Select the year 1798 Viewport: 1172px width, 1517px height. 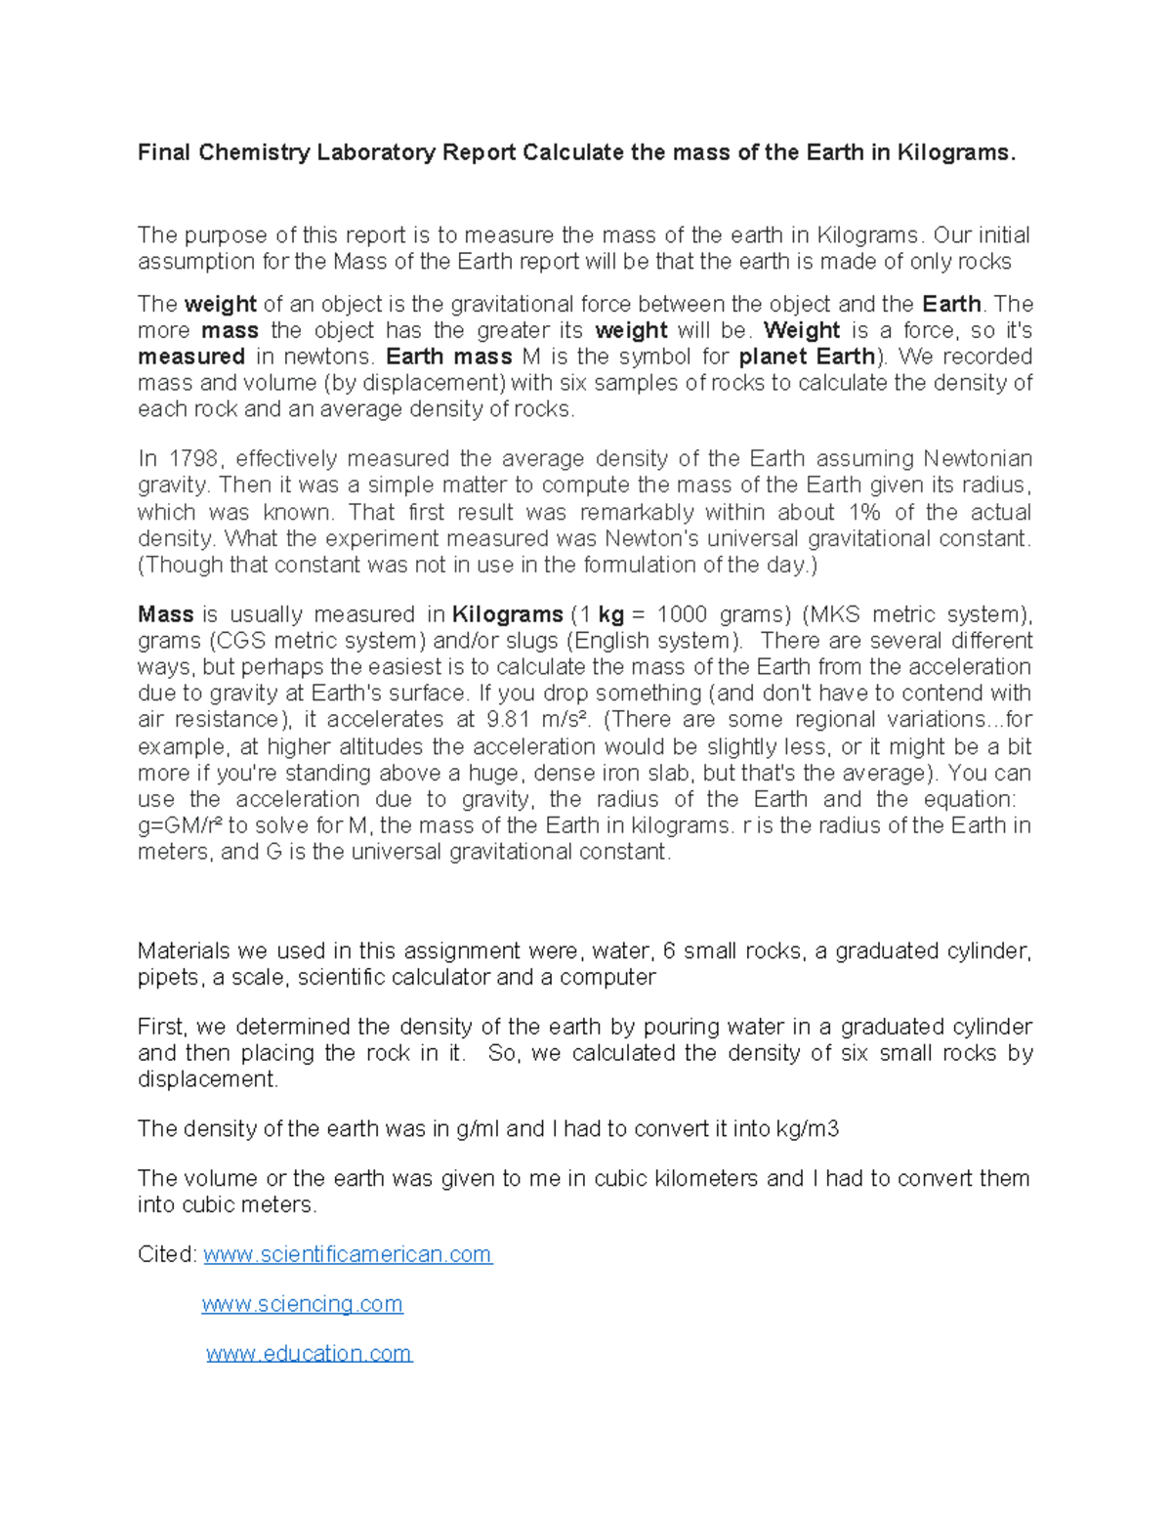[193, 459]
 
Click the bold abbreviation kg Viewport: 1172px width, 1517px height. [610, 614]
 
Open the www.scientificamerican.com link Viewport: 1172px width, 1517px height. [348, 1254]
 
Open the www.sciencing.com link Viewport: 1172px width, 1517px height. [302, 1304]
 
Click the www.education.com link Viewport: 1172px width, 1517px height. [309, 1354]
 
